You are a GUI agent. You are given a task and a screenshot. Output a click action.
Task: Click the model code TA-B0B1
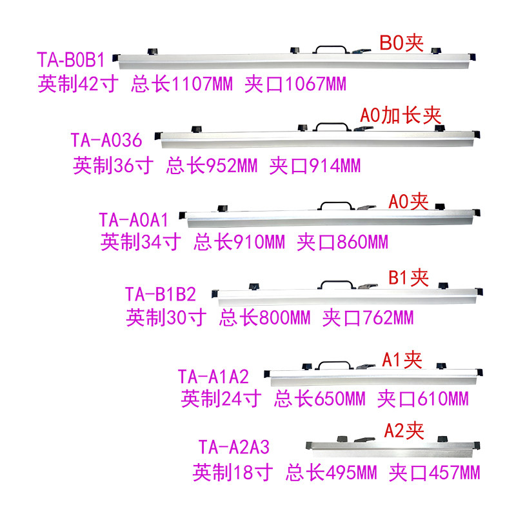(71, 59)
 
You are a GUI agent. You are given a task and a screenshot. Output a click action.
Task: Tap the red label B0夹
(401, 43)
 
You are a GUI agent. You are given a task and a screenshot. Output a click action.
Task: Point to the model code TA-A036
(106, 139)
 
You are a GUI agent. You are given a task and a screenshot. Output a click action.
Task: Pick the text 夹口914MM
(315, 166)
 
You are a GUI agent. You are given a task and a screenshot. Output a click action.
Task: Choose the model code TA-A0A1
(134, 219)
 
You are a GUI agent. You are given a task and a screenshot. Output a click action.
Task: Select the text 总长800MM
(265, 317)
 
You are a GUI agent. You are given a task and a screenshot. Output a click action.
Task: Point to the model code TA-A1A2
(213, 375)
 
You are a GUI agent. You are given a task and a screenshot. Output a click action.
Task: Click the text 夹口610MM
(423, 399)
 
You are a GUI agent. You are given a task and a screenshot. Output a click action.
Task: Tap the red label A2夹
(404, 430)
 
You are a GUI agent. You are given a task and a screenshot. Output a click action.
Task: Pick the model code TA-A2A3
(233, 446)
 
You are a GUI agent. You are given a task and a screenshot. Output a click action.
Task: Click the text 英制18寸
(233, 473)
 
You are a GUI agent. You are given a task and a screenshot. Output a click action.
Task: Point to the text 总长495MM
(331, 473)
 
